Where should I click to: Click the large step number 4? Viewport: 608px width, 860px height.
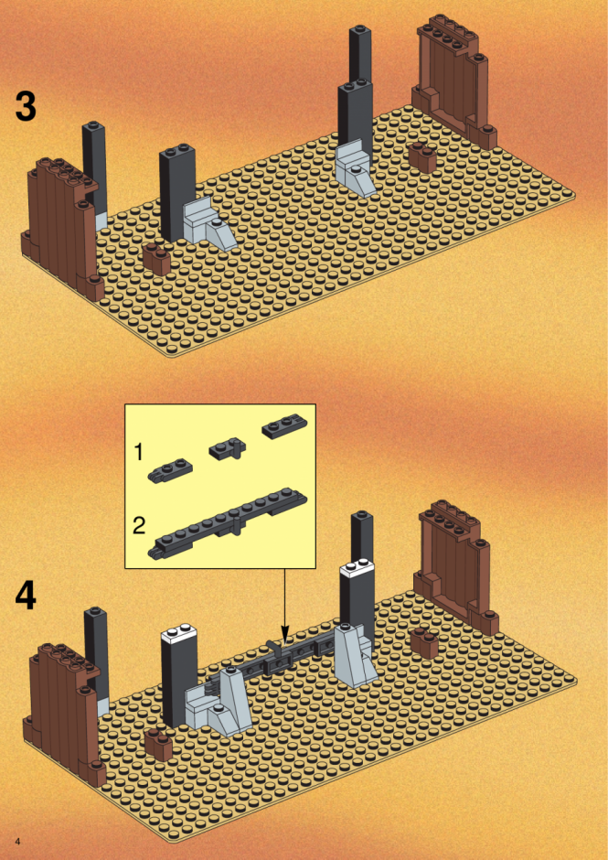click(26, 597)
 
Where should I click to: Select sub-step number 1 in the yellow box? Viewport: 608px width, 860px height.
click(139, 453)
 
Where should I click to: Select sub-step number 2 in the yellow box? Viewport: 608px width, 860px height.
click(140, 527)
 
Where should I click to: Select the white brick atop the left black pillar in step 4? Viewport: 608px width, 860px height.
click(178, 636)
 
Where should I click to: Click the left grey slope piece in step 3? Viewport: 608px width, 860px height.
click(210, 225)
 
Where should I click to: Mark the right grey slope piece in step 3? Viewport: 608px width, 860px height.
click(357, 168)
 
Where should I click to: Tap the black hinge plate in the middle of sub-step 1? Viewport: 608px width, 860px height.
click(228, 450)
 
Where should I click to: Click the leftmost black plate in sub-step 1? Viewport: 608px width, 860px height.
click(169, 470)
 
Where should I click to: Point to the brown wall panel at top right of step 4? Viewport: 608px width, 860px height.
click(456, 564)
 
